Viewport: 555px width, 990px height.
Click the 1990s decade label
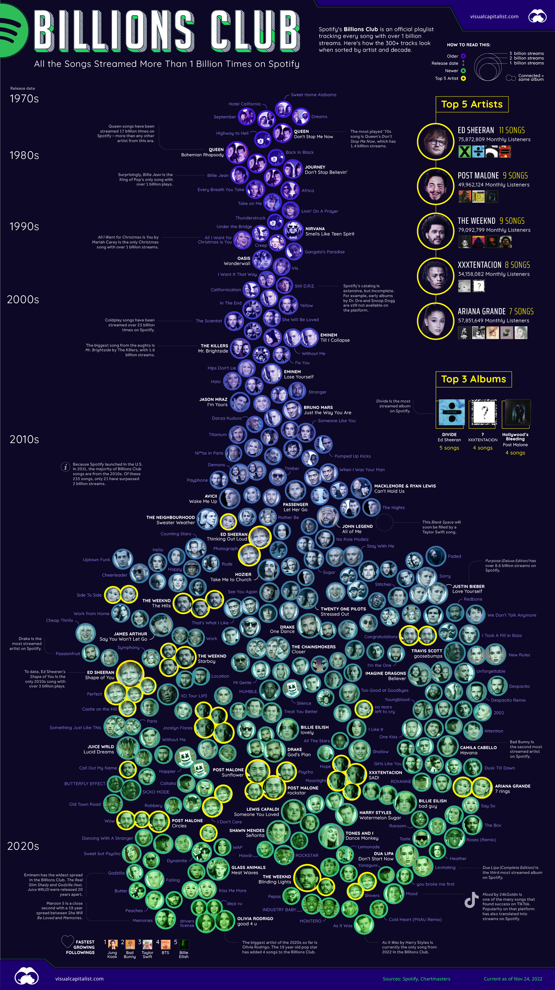click(x=24, y=226)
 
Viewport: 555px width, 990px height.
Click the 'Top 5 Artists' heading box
click(x=472, y=104)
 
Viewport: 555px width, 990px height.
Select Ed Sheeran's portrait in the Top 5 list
click(x=436, y=141)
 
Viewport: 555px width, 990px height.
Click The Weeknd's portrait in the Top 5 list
click(x=436, y=231)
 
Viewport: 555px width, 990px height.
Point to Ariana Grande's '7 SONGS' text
click(x=521, y=311)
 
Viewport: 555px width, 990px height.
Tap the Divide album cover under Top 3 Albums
click(x=451, y=412)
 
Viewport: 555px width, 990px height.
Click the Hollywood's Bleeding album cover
click(x=517, y=412)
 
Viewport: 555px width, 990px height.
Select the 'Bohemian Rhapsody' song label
click(x=202, y=155)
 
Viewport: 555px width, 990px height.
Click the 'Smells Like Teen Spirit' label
click(x=330, y=234)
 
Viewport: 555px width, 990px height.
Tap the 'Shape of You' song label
click(x=100, y=678)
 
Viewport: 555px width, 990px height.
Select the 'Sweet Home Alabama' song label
click(x=314, y=95)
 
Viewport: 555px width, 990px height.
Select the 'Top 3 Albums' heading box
click(x=474, y=379)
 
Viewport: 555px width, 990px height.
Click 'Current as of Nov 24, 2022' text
click(x=513, y=979)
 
